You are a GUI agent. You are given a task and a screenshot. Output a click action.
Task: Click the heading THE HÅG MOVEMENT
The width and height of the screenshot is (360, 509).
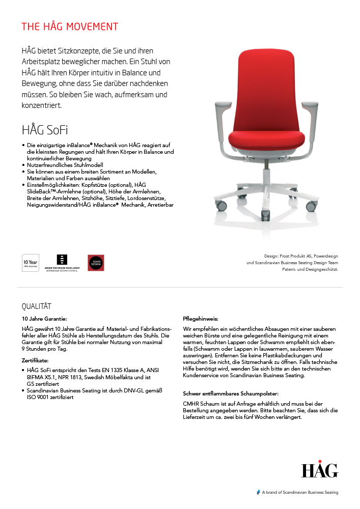[70, 26]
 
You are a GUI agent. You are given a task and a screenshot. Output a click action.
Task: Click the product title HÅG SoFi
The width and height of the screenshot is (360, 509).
[45, 129]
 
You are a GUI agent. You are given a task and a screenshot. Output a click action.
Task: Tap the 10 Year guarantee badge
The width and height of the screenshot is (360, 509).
[30, 263]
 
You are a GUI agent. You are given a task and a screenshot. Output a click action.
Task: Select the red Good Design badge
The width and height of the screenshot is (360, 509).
[96, 263]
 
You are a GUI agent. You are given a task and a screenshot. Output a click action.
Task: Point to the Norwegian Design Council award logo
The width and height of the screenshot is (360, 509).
[63, 263]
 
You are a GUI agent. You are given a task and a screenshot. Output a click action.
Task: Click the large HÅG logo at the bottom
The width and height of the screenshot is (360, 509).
[319, 470]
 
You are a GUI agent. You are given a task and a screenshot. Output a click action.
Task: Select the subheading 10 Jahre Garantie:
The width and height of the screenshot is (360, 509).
[44, 319]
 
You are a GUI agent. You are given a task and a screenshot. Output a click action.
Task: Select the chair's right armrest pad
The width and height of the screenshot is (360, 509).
[310, 107]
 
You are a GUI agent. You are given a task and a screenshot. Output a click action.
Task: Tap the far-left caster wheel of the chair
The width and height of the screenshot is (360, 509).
[221, 206]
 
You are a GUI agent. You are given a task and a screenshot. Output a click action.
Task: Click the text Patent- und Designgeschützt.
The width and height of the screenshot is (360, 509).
[310, 269]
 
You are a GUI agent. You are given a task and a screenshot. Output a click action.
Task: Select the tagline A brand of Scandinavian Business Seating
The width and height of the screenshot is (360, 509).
[299, 492]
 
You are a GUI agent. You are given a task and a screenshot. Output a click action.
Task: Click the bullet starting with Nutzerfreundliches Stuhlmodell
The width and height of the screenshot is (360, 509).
[65, 165]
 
